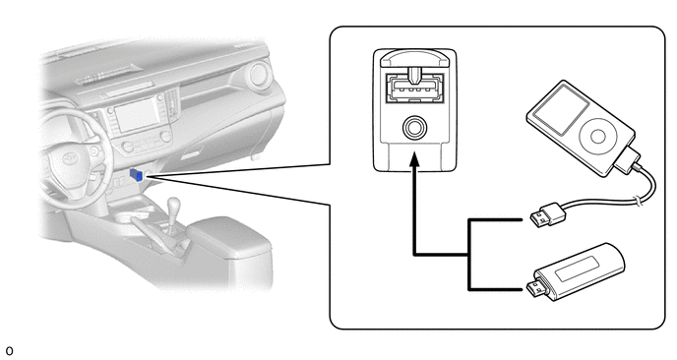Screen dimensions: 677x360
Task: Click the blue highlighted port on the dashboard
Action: coord(136,175)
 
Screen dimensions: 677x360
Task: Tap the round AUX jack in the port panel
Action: coord(415,128)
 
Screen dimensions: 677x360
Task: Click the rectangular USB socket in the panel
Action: coord(415,89)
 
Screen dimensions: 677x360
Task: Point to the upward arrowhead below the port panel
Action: coord(414,158)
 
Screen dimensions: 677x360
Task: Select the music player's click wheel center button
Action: coord(598,137)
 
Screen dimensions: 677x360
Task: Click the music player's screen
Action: coord(561,109)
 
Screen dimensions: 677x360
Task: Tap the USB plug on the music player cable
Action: coord(547,214)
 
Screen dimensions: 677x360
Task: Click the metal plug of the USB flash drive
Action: coord(536,289)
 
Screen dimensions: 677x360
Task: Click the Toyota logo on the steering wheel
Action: coord(70,158)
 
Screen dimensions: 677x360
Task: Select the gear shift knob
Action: coord(173,204)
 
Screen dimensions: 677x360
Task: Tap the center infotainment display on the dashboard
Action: coord(137,114)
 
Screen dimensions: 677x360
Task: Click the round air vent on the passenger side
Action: coord(259,75)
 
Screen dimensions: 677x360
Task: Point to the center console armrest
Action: coord(229,237)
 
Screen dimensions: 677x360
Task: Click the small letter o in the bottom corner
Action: coord(10,351)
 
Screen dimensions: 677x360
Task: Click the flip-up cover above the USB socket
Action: coord(415,59)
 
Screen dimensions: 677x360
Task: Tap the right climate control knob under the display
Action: coord(165,137)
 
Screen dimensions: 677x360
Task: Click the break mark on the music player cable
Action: coord(636,200)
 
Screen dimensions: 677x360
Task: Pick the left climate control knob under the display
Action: coord(128,147)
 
